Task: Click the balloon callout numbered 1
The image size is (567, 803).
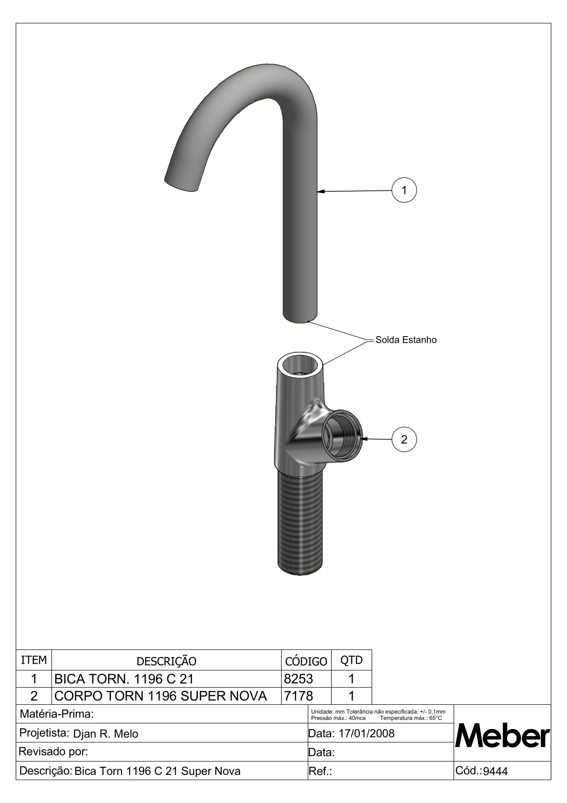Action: (x=404, y=190)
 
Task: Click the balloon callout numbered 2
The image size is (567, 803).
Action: (x=404, y=440)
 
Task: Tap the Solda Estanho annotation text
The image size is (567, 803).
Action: (x=406, y=340)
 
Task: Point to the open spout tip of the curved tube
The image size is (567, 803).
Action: (x=180, y=184)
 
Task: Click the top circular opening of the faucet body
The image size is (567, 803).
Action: (x=301, y=364)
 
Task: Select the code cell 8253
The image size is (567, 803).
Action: (x=298, y=679)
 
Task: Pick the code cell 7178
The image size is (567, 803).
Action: (x=298, y=696)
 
